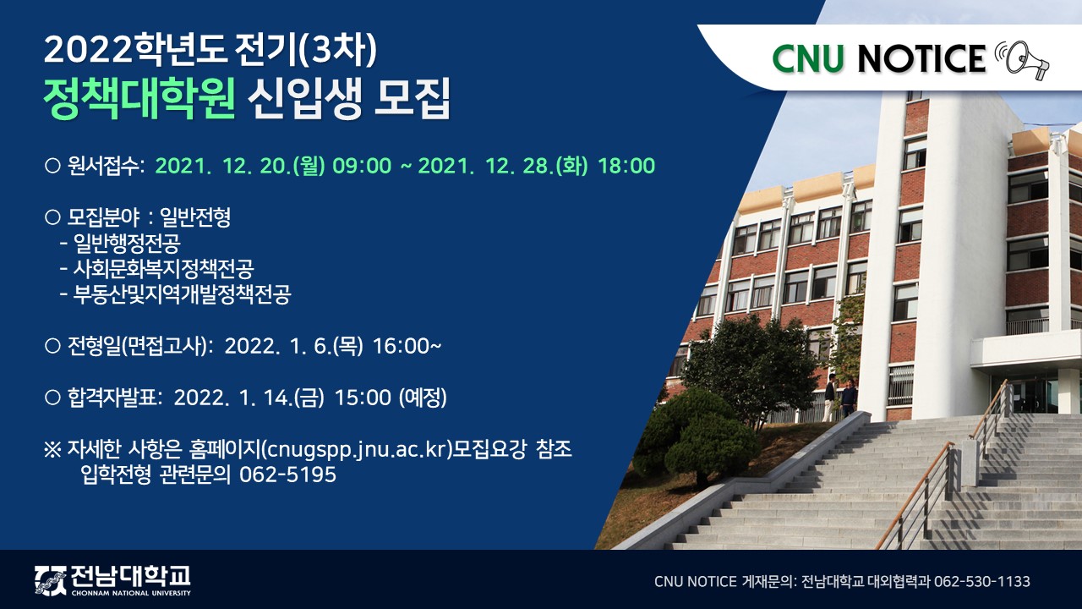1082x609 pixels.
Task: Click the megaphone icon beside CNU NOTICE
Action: coord(1022,60)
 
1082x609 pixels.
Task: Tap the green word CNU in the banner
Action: coord(808,58)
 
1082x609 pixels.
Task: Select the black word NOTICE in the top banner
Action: coord(921,58)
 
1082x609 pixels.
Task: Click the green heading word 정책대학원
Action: coord(139,98)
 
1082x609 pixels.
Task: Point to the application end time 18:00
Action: coord(626,166)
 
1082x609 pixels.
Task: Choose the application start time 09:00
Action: coord(362,166)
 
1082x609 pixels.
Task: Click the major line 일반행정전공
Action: coord(120,243)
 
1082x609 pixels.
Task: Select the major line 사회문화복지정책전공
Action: coord(157,269)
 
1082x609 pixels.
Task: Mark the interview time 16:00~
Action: coord(407,346)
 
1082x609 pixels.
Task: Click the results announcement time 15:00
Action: coord(363,398)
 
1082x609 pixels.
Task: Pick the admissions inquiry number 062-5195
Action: coord(288,475)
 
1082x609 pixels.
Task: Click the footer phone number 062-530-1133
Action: coord(982,581)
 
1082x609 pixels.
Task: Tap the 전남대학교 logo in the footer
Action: coord(112,579)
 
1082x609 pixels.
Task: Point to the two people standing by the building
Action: coord(840,398)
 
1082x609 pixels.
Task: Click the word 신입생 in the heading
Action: coord(304,99)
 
